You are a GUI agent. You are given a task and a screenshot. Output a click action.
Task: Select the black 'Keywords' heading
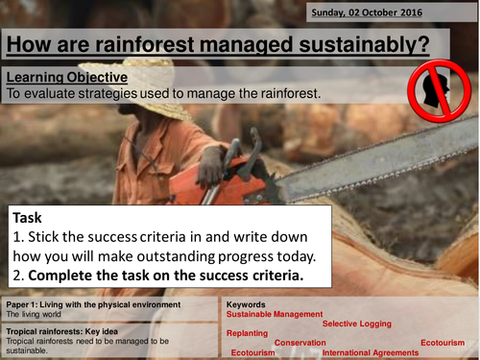247,304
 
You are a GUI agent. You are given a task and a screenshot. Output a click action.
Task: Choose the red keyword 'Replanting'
247,333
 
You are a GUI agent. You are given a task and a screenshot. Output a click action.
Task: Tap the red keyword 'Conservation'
300,343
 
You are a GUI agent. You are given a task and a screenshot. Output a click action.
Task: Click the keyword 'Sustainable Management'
272,314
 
